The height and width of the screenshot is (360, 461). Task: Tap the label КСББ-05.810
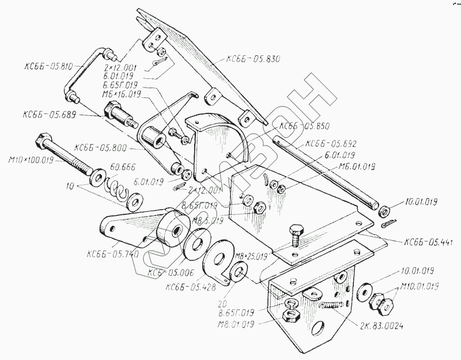(x=48, y=66)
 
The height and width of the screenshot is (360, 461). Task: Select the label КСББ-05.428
(x=190, y=286)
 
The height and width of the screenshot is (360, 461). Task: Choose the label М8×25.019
(x=250, y=255)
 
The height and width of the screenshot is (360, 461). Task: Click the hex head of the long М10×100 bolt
(x=42, y=139)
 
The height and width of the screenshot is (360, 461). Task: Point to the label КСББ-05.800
(x=99, y=147)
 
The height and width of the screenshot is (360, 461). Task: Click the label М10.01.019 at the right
(x=418, y=286)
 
